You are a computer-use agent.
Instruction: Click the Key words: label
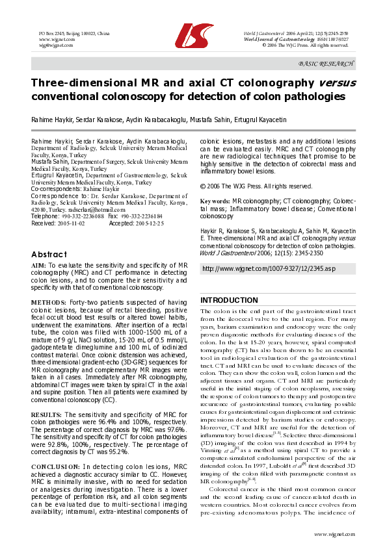[215, 202]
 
